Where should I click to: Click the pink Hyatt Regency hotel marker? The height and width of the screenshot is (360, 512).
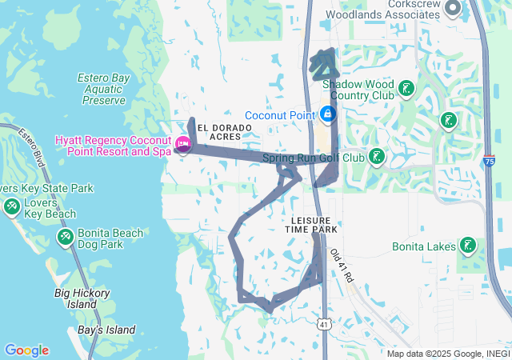click(x=183, y=145)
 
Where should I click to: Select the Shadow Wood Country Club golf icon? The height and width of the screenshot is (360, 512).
click(x=406, y=88)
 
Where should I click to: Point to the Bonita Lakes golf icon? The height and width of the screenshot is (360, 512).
click(x=468, y=246)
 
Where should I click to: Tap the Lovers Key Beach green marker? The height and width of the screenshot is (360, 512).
click(x=12, y=207)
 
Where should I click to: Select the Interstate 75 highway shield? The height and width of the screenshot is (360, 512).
click(x=489, y=159)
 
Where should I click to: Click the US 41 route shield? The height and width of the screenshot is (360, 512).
click(x=322, y=324)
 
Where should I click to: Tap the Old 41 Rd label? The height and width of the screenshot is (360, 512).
click(x=341, y=265)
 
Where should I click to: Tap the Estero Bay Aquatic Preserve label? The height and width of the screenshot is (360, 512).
click(x=102, y=89)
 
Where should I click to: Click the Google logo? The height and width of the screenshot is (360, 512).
click(x=26, y=350)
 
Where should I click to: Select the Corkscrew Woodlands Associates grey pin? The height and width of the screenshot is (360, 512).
click(x=453, y=9)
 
